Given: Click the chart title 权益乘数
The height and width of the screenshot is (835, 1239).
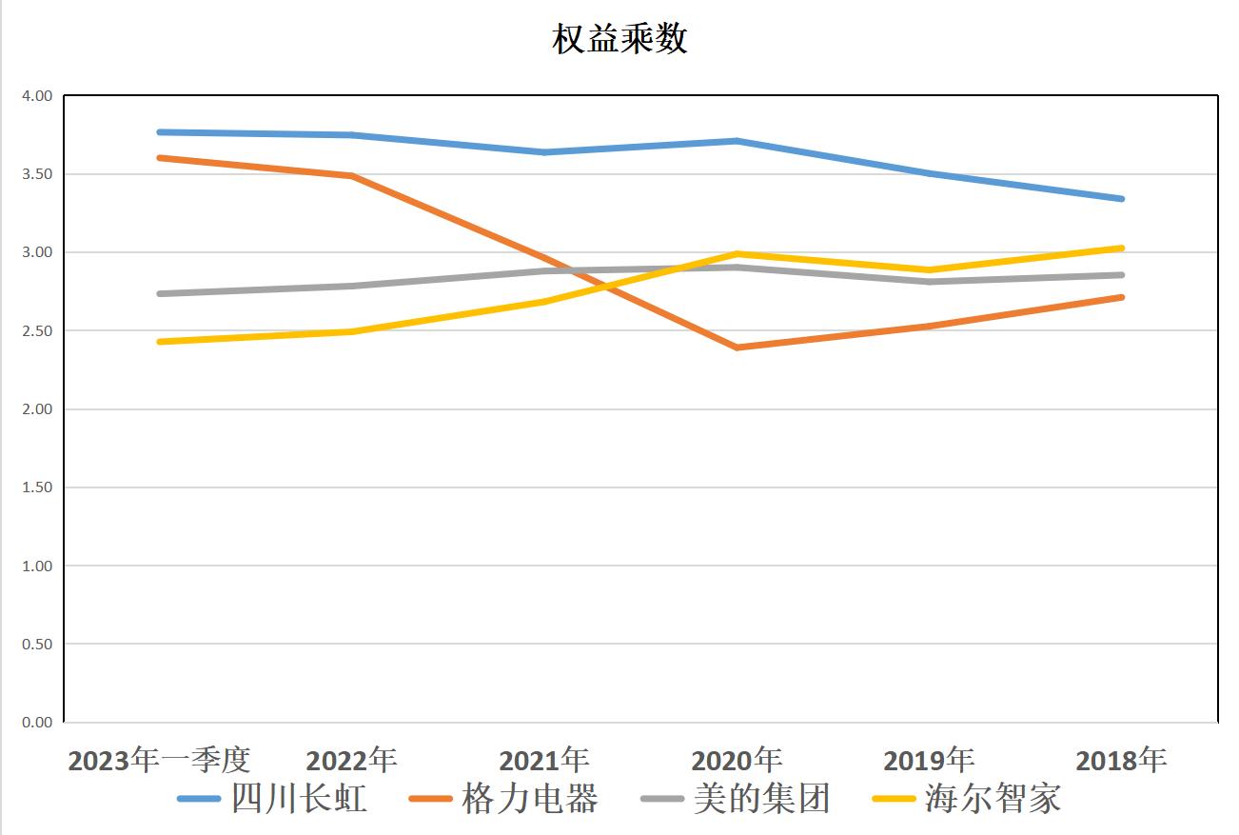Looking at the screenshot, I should pos(619,39).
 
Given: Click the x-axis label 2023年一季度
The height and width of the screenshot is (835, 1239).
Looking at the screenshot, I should pos(159,760).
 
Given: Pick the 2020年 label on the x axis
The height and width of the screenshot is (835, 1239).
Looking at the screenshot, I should pos(737,760).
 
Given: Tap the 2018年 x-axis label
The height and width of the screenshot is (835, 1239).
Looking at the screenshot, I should pos(1121,760).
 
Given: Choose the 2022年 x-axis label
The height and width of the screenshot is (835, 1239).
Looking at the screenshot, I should pos(351,760).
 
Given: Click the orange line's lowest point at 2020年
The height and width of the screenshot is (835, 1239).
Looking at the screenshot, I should pos(737,348).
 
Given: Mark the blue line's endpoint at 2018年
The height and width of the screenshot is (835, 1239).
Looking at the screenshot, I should pos(1122,199).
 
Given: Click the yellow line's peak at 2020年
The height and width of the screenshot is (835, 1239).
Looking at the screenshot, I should pos(737,254).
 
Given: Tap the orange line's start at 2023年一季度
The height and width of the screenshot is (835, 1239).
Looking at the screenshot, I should pos(160,158).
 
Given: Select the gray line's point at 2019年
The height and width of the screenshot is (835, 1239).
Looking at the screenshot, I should pos(930,282).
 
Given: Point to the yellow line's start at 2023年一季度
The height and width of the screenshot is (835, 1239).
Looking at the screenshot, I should pos(160,342).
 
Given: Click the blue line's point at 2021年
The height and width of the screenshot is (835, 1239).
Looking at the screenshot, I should pos(545,152).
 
